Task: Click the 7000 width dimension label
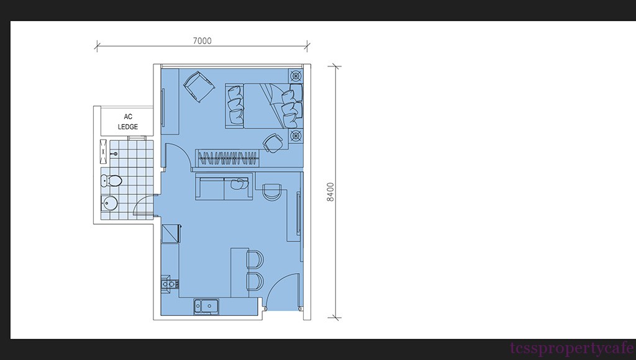pos(202,40)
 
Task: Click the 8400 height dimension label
pos(330,192)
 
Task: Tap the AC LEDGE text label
pos(128,122)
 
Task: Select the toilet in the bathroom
pos(111,181)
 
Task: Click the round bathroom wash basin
pos(109,203)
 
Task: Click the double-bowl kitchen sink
pos(206,306)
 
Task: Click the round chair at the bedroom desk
pos(273,143)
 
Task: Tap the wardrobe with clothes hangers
pos(227,158)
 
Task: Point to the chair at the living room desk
pos(271,191)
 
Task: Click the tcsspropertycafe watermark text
pos(572,349)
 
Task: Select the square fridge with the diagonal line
pos(170,234)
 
